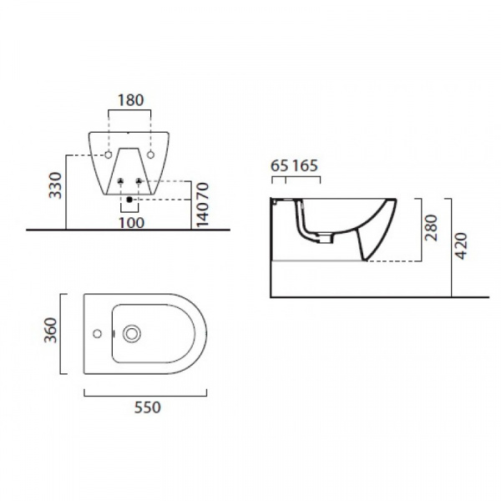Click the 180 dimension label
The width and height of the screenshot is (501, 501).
131,100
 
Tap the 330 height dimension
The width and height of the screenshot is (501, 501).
55,185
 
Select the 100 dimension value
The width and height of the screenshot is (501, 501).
131,223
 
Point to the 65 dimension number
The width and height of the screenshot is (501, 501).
279,165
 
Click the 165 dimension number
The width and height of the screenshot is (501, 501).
305,165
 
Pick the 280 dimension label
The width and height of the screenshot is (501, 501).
431,228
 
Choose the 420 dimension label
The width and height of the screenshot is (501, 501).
461,246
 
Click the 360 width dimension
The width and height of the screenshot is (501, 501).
50,330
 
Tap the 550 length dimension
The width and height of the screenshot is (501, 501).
147,407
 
